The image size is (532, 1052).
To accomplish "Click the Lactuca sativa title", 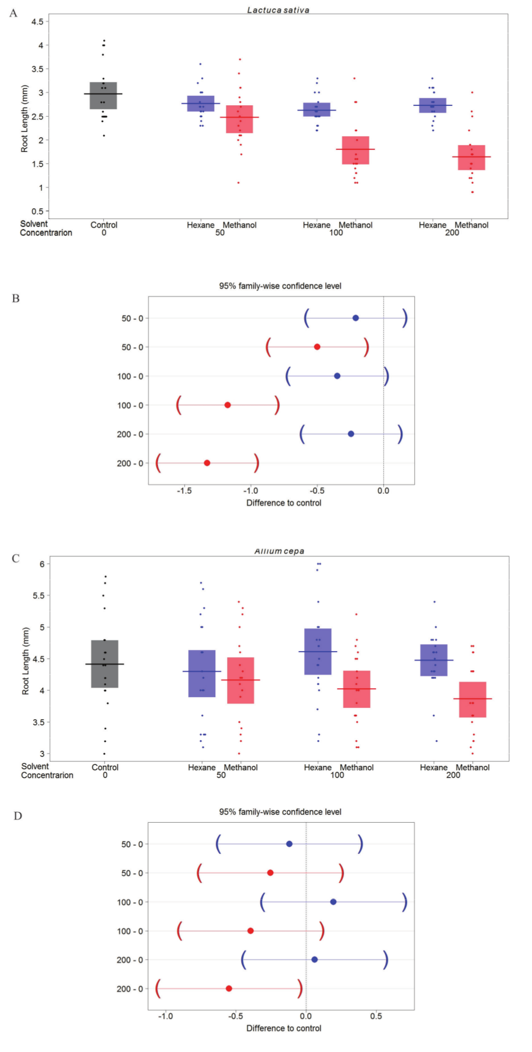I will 278,10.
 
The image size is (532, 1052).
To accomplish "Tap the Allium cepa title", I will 279,551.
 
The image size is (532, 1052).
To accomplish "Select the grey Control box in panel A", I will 104,96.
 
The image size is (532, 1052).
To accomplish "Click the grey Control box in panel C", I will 105,664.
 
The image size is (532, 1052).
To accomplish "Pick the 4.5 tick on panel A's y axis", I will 38,21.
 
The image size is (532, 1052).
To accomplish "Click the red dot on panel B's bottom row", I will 207,463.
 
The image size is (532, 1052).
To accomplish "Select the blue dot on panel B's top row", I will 356,318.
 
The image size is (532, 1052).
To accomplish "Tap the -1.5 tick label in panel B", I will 184,491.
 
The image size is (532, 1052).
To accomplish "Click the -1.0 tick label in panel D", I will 165,1017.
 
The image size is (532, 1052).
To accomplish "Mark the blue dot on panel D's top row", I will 289,844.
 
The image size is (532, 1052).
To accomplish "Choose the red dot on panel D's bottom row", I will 229,988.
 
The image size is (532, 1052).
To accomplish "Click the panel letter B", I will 16,298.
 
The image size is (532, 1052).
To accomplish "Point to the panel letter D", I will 17,816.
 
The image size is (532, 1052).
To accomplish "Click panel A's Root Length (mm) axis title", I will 24,118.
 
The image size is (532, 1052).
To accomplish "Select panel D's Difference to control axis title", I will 283,1028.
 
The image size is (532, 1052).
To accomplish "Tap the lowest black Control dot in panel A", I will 104,136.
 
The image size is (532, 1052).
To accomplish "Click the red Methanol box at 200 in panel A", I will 471,158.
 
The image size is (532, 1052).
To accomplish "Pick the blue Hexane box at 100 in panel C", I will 318,652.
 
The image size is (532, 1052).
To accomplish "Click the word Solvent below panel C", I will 35,766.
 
